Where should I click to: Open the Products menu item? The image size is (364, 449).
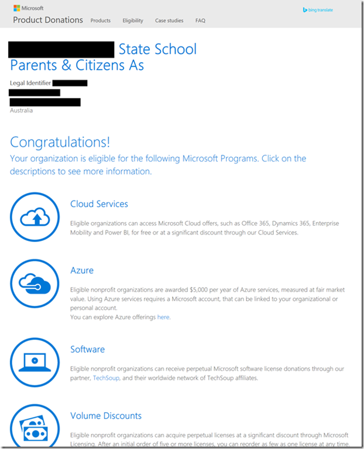tap(101, 20)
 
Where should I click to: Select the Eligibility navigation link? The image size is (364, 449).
tap(133, 20)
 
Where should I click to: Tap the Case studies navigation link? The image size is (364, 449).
tap(169, 20)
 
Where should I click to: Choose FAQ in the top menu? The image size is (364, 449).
tap(200, 20)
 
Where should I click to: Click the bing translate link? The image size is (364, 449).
tap(318, 10)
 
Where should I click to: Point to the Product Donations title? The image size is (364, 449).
tap(48, 20)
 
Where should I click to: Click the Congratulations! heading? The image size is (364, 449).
tap(60, 142)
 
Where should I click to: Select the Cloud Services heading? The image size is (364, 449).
tap(99, 204)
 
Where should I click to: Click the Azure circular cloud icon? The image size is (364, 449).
tap(35, 284)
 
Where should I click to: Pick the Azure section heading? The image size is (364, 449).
tap(82, 271)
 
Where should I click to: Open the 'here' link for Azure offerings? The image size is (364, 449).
tap(163, 317)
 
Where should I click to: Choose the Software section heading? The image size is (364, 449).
tap(87, 349)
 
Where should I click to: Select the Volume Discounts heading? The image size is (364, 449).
tap(106, 416)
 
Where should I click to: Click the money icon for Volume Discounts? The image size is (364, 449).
tap(35, 427)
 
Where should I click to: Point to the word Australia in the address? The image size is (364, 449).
tap(22, 110)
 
